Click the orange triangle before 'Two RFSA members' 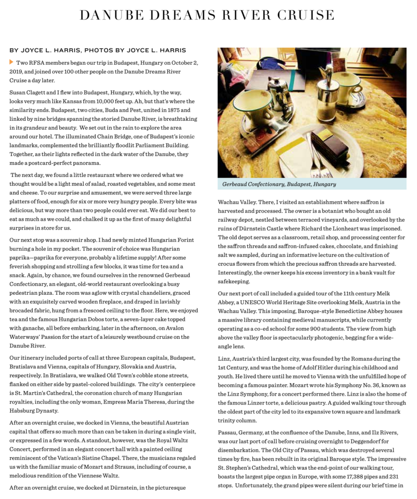click(x=12, y=62)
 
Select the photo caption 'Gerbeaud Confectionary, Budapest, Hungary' click(x=279, y=184)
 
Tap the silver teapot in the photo click(x=281, y=90)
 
